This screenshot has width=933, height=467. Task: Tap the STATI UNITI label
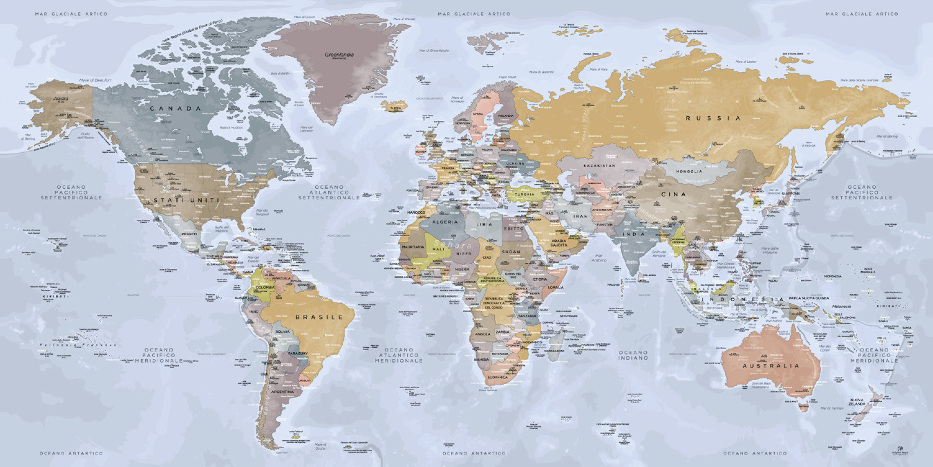coord(187,200)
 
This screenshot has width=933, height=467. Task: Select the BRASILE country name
coord(319,317)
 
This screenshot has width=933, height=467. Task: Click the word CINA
coord(674,194)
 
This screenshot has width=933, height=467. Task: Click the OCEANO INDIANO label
coord(633,355)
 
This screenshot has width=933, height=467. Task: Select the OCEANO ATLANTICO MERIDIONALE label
coord(398,355)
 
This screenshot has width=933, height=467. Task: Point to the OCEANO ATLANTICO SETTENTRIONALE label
coord(329,192)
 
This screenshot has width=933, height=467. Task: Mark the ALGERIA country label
coord(445,223)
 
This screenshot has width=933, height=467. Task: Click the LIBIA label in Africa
coord(485,224)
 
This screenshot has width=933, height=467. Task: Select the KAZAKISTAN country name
coord(598,167)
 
